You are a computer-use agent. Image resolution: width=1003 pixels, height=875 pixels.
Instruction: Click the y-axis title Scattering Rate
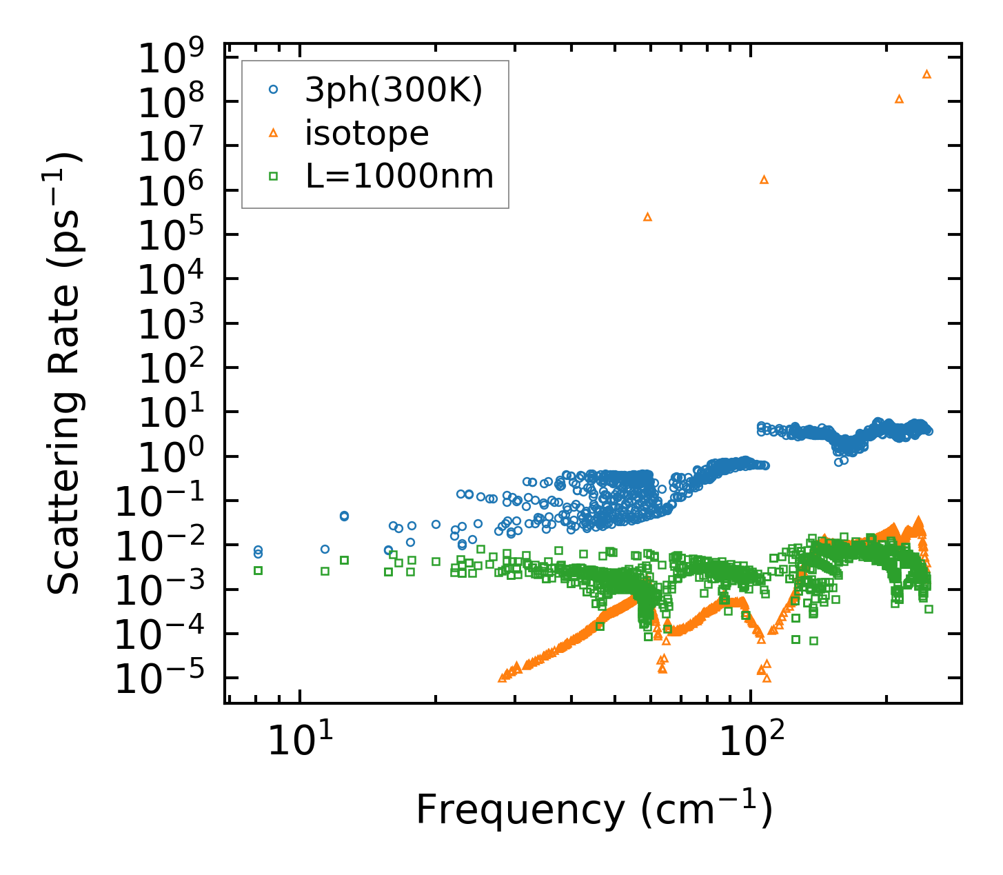[x=65, y=372]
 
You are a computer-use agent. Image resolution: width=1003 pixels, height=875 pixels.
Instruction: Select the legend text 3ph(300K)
[x=394, y=90]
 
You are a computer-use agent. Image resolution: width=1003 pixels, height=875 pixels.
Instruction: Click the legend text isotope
[x=367, y=133]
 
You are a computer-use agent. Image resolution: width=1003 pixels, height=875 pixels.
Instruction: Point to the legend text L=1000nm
[x=400, y=177]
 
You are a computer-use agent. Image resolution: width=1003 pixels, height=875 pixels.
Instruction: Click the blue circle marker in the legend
[x=274, y=90]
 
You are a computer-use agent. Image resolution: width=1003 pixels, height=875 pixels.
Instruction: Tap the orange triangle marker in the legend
[x=274, y=133]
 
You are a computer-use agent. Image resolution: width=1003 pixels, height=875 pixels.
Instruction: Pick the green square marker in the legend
[x=274, y=177]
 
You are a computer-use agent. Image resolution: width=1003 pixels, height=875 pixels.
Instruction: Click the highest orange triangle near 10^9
[x=926, y=74]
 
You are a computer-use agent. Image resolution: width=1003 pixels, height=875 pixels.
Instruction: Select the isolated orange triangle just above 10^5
[x=647, y=217]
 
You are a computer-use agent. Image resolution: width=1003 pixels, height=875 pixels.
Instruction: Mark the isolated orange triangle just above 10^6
[x=764, y=180]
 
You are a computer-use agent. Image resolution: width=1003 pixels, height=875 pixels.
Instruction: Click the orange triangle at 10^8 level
[x=899, y=99]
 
